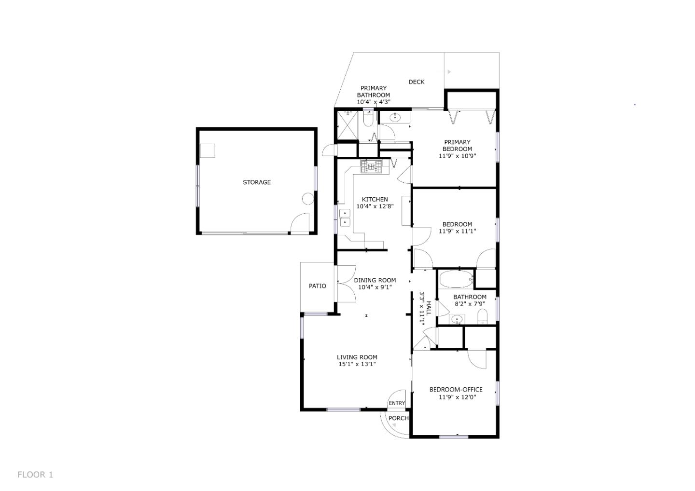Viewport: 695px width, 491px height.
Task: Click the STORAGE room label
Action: [x=257, y=182]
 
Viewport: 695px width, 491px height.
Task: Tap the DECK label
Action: [x=417, y=82]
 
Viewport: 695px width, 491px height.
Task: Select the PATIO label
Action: [x=318, y=286]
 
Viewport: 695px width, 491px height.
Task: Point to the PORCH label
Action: [x=399, y=418]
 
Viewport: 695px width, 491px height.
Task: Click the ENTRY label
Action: [x=397, y=403]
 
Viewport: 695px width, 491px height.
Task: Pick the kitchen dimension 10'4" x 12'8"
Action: [x=375, y=206]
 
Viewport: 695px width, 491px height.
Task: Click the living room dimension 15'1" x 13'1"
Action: [x=357, y=364]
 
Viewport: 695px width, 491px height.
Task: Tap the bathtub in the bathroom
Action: [x=456, y=279]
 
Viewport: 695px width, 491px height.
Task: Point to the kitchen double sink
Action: [x=345, y=218]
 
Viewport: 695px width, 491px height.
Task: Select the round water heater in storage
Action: [x=307, y=198]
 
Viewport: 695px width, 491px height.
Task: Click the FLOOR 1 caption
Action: [x=35, y=475]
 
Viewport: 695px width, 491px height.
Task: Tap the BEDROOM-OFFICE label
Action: [x=456, y=390]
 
